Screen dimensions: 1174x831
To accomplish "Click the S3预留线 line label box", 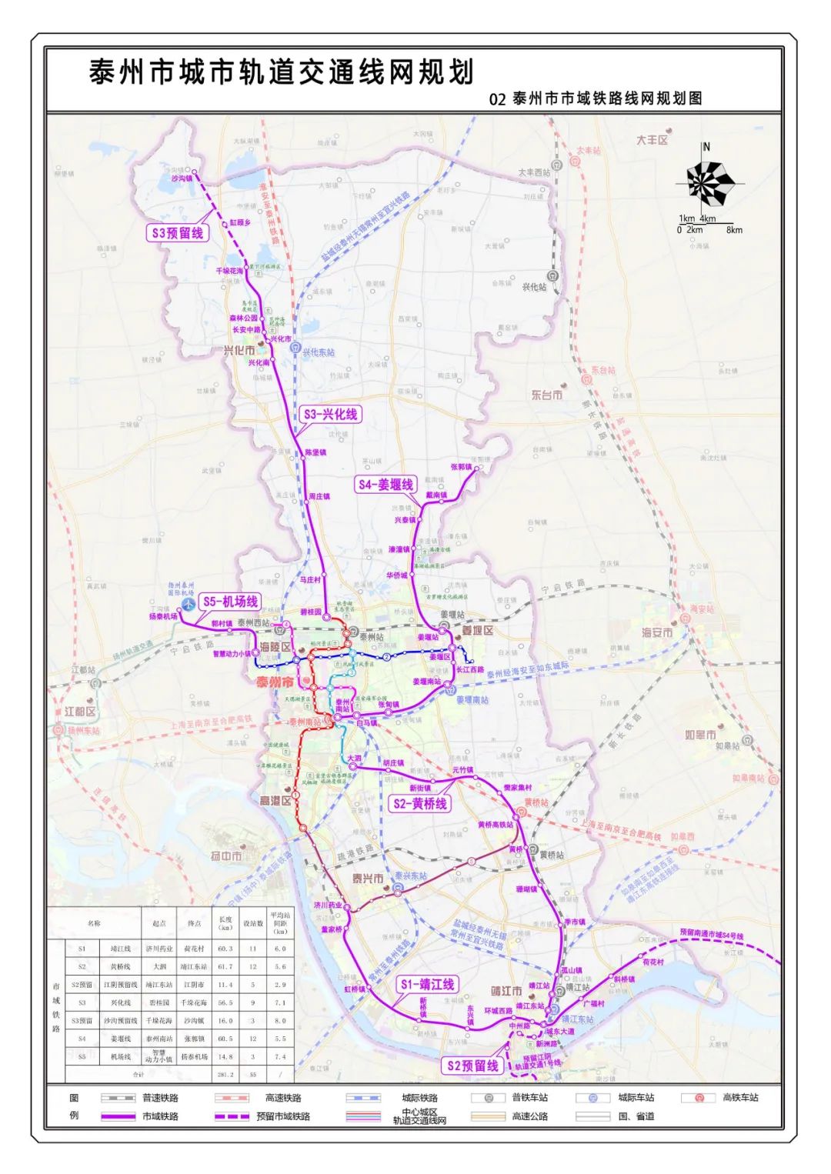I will pos(178,232).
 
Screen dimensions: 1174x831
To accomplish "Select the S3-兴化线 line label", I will pos(331,414).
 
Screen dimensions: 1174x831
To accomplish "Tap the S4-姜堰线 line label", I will pos(385,485).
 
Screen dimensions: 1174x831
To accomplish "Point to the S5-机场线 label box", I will pos(230,602).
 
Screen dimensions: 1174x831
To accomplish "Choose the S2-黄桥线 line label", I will pos(419,803).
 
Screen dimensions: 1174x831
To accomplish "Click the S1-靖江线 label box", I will pos(428,984).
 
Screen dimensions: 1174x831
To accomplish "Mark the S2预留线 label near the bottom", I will pos(472,1066).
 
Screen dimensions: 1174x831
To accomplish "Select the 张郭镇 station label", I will pos(461,467).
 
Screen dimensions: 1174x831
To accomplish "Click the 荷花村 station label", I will pos(652,962).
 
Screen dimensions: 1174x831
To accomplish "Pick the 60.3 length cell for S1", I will pos(225,949).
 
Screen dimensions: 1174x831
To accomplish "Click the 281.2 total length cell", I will pos(225,1074).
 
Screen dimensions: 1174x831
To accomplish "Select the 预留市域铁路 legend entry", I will pos(283,1116).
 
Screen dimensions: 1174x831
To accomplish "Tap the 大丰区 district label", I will pos(652,140).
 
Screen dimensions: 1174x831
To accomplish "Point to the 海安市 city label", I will pos(657,632).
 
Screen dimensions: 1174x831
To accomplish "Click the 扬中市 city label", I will pos(226,855).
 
